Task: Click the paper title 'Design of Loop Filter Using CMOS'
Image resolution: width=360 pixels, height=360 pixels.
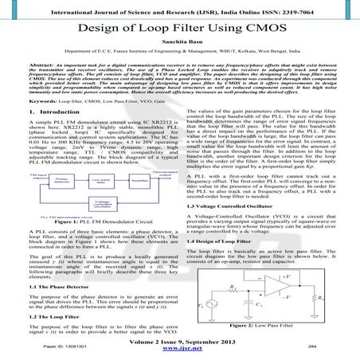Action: point(180,26)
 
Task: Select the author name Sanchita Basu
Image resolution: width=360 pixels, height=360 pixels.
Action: point(180,48)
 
